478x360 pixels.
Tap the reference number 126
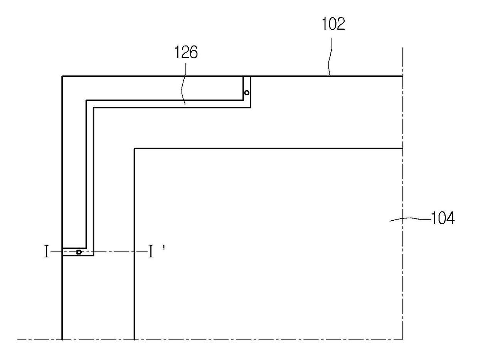185,52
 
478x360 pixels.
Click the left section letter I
47,252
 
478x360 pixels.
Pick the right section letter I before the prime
151,252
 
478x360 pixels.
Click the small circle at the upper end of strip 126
247,92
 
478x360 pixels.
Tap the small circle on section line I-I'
79,252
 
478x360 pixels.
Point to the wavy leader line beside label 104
409,220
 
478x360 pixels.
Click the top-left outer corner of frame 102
62,76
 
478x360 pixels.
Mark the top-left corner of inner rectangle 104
134,149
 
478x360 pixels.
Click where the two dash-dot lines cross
402,340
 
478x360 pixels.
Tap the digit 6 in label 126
193,52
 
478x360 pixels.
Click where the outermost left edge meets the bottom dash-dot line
62,340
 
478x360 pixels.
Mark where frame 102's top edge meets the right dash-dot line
402,76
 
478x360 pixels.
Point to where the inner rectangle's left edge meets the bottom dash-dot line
134,340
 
